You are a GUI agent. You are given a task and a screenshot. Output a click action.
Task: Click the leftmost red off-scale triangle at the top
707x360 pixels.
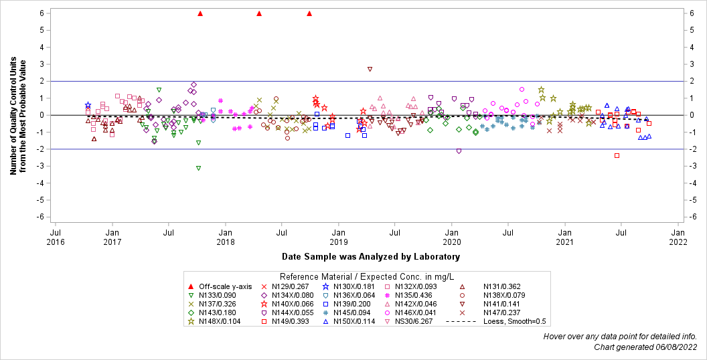click(200, 13)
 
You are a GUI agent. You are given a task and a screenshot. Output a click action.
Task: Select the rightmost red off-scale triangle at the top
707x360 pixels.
click(309, 13)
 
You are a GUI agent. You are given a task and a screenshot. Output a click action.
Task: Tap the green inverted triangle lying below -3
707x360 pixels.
click(198, 168)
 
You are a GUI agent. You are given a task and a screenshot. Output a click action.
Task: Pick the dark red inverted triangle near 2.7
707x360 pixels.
click(370, 69)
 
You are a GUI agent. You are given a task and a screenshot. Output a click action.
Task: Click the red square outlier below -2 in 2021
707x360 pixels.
click(617, 155)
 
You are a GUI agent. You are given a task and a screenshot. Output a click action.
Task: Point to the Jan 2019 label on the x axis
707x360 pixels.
click(338, 237)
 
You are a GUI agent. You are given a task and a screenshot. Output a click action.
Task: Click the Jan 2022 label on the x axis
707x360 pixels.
click(678, 237)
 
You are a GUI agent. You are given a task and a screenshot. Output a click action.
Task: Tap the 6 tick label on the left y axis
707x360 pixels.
click(42, 13)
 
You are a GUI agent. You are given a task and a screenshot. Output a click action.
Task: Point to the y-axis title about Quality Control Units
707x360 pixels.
click(17, 115)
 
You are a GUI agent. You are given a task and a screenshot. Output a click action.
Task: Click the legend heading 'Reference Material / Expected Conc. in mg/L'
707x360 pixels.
click(367, 276)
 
